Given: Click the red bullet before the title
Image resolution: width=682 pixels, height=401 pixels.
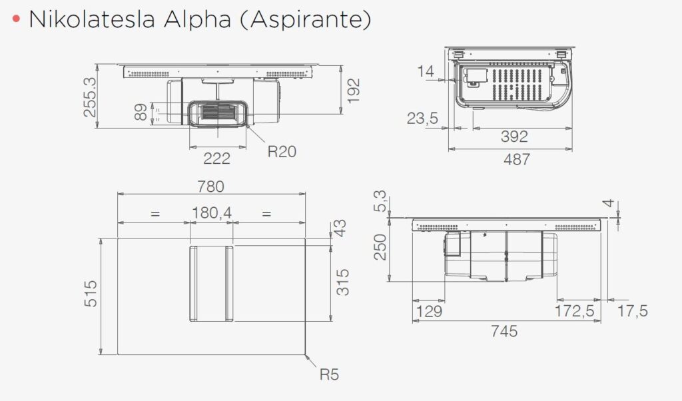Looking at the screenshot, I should point(16,20).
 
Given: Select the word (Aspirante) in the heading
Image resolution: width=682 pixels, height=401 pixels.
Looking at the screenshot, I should point(303,20).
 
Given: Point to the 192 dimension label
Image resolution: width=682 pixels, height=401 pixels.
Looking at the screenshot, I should point(354,91).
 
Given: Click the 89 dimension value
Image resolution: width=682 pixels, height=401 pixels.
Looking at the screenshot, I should point(140,112).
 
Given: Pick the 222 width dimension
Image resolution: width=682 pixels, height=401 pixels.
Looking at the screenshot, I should point(217,158).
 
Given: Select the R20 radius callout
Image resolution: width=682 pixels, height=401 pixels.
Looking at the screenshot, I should point(282,152).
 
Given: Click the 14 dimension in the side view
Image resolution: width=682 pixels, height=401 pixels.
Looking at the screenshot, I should point(427,71).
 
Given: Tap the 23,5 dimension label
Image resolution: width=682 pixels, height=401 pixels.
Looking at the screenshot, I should point(422,119).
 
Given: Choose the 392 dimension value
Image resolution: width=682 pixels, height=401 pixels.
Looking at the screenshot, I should point(513,137).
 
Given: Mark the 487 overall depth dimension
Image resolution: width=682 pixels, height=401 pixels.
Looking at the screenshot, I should point(516,160).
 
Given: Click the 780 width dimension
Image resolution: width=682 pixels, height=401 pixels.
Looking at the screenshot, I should point(210,187).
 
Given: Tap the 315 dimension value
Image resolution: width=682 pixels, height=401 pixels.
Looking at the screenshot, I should point(342,283).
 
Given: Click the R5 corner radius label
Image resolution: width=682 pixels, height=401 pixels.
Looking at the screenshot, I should point(329,375).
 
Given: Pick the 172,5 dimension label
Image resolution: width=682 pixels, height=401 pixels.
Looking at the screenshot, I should point(573,311).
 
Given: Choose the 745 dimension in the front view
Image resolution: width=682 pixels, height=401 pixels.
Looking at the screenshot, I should point(504,332).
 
